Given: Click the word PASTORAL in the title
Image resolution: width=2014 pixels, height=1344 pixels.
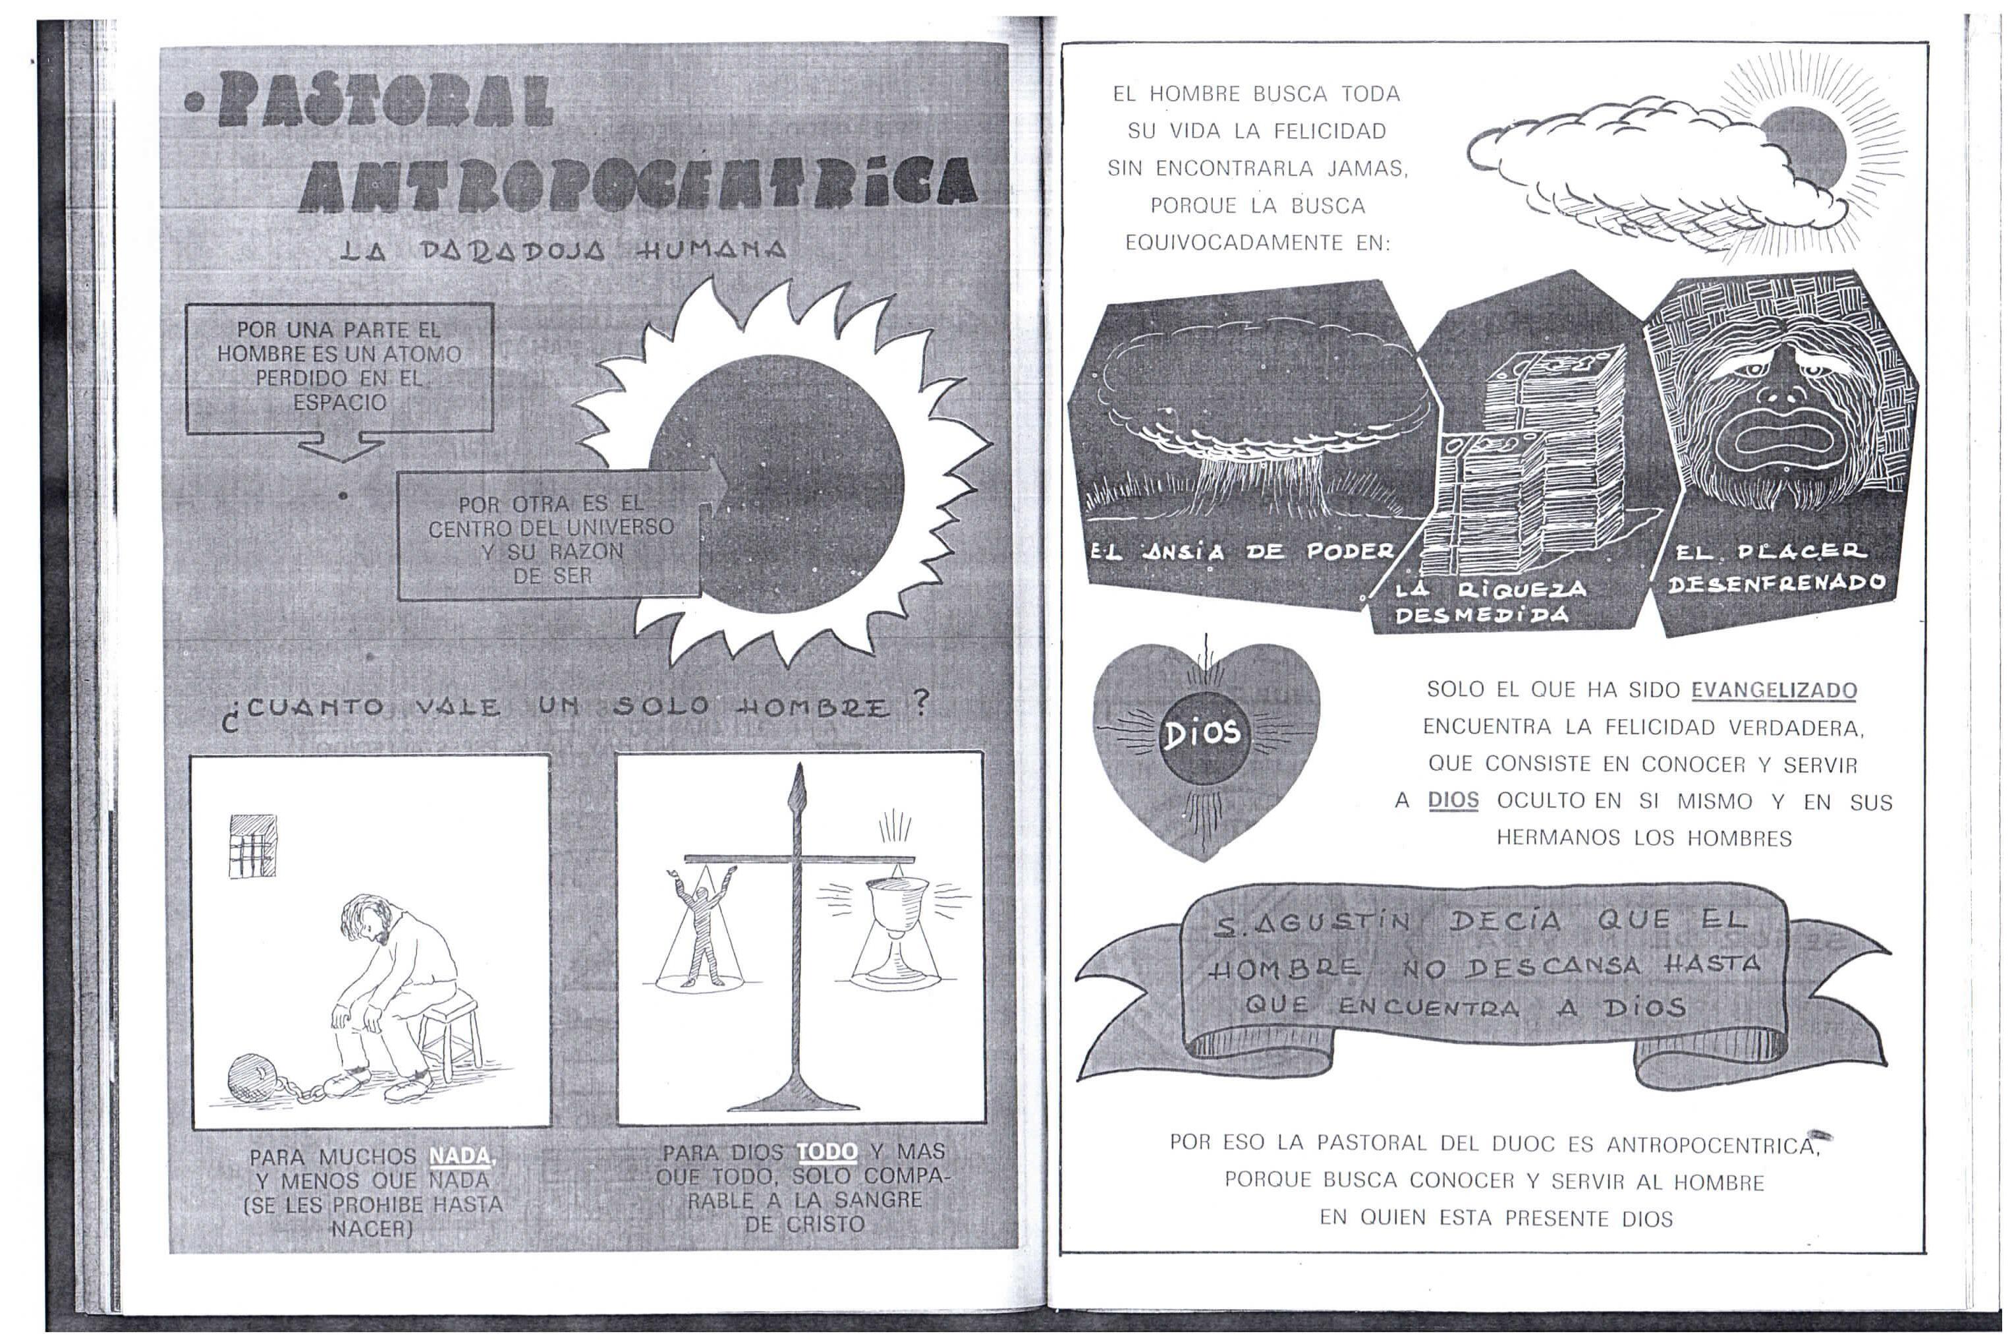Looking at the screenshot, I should pos(384,101).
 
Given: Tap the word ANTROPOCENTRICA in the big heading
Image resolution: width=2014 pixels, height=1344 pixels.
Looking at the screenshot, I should pos(638,185).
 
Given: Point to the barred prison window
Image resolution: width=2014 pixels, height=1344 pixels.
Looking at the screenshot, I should pos(253,845).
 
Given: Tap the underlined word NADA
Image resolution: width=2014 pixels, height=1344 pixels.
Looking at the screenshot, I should pos(461,1156).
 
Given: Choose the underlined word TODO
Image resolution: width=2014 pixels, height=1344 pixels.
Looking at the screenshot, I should pos(827,1151).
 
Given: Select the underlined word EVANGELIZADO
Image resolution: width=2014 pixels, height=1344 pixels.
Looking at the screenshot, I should pos(1774,691).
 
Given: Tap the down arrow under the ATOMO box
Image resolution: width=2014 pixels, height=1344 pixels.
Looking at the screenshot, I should pos(341,446).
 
